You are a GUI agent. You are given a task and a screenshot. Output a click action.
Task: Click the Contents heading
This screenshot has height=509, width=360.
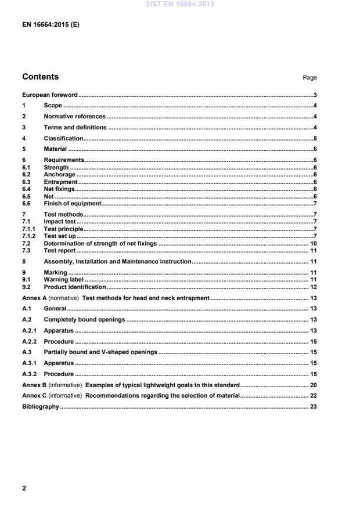pos(40,77)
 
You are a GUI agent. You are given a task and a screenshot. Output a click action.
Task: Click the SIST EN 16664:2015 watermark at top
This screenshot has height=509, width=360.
pos(179,3)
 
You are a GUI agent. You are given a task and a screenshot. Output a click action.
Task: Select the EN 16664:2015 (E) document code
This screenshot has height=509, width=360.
pos(51,25)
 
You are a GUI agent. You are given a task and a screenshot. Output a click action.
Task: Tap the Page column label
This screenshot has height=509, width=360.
pos(309,78)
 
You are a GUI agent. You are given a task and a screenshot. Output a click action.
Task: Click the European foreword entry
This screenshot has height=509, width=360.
pos(49,95)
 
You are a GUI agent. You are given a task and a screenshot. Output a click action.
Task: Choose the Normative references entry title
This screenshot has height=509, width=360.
pos(74,117)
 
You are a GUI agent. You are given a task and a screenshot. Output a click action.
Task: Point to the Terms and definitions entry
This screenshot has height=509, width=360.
pos(75,128)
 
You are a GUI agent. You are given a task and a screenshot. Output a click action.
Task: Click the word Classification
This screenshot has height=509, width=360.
pos(63,139)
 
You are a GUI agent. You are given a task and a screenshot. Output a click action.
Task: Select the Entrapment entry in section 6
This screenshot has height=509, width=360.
pos(60,182)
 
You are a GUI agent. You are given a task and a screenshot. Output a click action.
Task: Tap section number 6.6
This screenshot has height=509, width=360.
pos(26,204)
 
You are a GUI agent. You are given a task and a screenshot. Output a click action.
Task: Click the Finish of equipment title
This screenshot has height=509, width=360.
pos(73,204)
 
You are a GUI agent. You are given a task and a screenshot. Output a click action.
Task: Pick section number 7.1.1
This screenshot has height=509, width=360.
pos(28,229)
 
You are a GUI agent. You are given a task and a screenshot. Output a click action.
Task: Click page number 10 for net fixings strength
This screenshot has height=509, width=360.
pos(312,243)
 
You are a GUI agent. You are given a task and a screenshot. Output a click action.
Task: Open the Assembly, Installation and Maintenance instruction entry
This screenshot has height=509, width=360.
pos(117,262)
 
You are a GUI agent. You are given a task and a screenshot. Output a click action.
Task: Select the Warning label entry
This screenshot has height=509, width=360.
pos(63,280)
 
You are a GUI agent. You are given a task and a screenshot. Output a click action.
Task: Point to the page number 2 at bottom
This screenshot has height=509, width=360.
pos(24,488)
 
